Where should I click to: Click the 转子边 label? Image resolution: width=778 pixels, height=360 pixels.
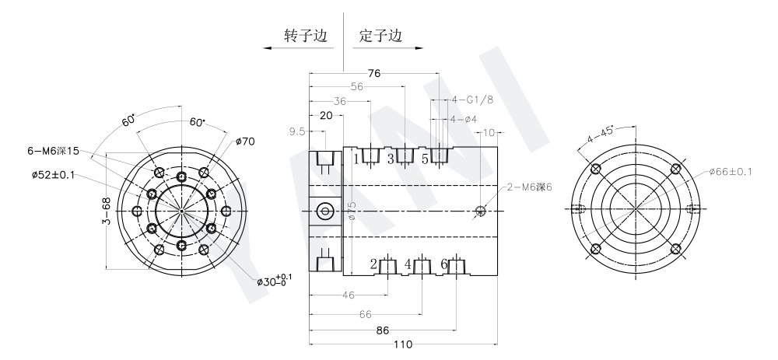tap(306, 36)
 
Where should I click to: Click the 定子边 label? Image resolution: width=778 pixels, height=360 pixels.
tap(380, 36)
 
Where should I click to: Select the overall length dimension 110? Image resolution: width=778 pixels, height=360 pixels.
tap(402, 344)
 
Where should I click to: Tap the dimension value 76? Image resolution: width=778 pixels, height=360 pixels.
tap(374, 73)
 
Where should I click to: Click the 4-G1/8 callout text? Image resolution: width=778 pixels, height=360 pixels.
tap(472, 100)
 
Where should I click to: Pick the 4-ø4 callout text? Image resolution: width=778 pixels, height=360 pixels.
tap(464, 120)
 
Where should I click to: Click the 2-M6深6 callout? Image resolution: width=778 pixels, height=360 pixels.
tap(529, 187)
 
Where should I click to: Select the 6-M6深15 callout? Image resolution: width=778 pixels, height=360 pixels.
tap(53, 151)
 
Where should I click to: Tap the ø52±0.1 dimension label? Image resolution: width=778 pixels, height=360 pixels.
tap(53, 174)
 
